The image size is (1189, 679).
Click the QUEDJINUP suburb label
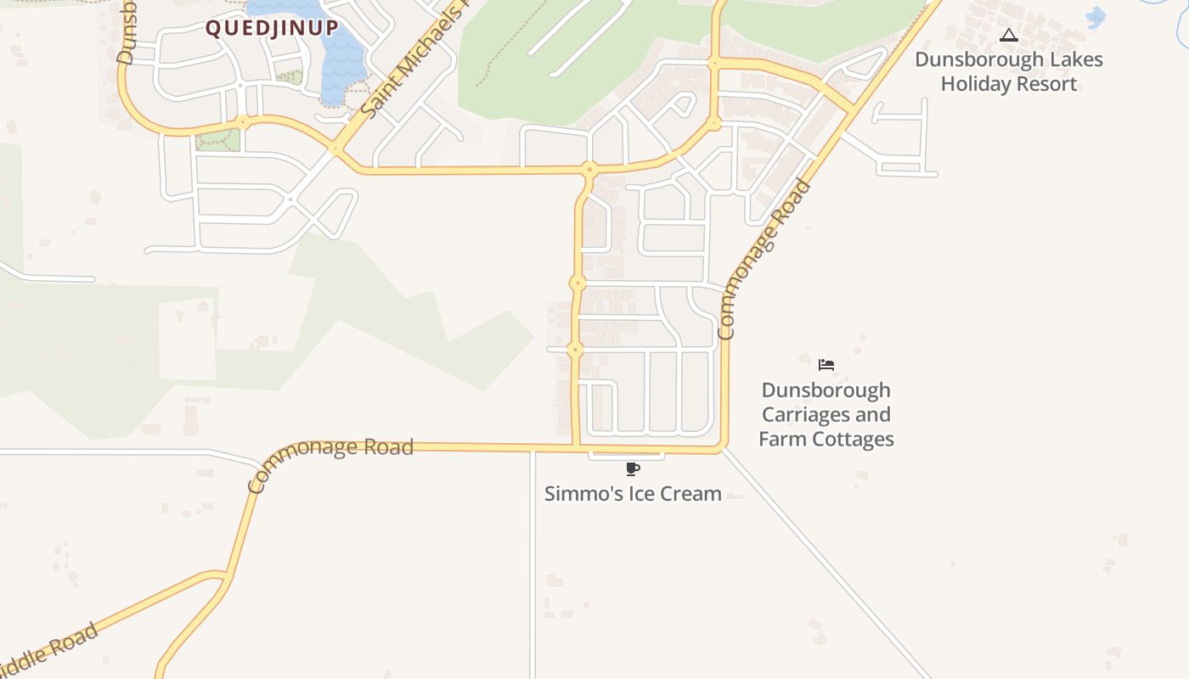272,28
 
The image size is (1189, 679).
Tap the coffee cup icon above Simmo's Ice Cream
632,469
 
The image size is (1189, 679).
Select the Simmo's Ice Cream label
633,493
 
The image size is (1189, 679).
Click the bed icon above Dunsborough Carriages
826,365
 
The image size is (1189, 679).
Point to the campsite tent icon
1008,36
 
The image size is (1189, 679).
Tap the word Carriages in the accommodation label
826,415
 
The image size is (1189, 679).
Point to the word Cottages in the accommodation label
852,440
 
